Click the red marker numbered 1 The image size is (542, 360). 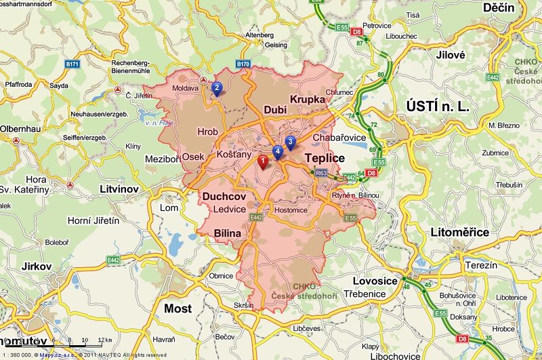click(264, 161)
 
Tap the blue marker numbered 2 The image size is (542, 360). click(216, 87)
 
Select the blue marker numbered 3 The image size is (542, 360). click(290, 142)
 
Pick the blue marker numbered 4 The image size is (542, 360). click(277, 151)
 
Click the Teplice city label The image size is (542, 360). click(325, 158)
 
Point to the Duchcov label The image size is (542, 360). click(224, 197)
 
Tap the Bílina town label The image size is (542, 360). click(227, 233)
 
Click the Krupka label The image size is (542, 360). click(308, 100)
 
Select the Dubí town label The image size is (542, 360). click(276, 109)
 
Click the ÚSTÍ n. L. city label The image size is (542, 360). click(438, 106)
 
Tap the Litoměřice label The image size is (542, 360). click(459, 233)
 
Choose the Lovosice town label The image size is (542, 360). click(375, 281)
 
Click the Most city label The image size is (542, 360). click(178, 308)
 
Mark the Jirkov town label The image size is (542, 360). click(36, 266)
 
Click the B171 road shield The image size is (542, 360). click(73, 64)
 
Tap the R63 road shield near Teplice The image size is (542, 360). click(322, 174)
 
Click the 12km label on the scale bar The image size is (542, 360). click(104, 340)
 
